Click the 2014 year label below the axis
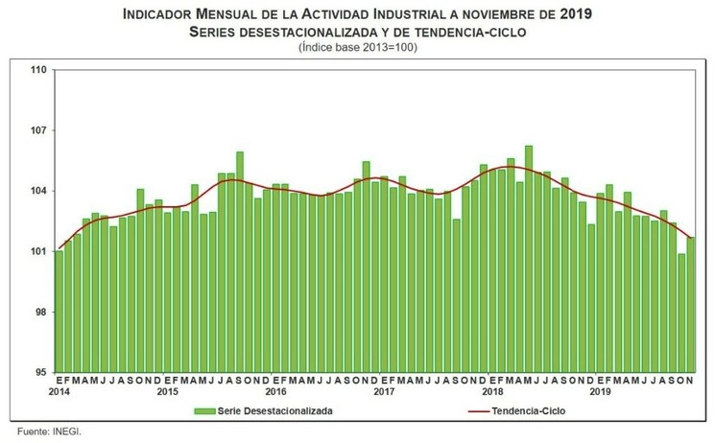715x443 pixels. click(x=59, y=392)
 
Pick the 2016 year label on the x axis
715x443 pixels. click(x=275, y=392)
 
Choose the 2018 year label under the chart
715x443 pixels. click(x=492, y=392)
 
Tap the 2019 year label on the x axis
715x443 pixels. click(x=600, y=392)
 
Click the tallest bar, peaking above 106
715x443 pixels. click(x=529, y=259)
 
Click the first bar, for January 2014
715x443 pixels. click(x=60, y=312)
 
